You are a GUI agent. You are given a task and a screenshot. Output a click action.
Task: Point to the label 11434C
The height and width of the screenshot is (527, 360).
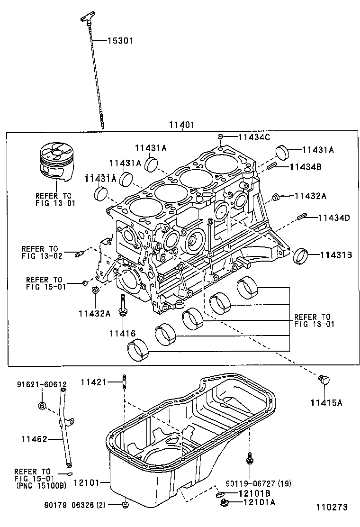coord(253,137)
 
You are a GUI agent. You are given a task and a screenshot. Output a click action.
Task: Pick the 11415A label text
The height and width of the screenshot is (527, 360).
coord(326,403)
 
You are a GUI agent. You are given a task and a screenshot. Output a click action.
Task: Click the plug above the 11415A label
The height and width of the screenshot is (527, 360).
coord(324,379)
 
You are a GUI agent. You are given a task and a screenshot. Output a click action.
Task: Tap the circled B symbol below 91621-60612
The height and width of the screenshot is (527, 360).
coord(42,405)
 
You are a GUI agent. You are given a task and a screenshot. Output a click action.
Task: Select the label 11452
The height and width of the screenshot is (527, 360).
coord(34,439)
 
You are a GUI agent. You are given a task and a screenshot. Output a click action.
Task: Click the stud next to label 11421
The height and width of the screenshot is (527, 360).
coord(124,382)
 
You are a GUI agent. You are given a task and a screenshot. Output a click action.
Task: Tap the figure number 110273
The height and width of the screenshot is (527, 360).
coord(332,507)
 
